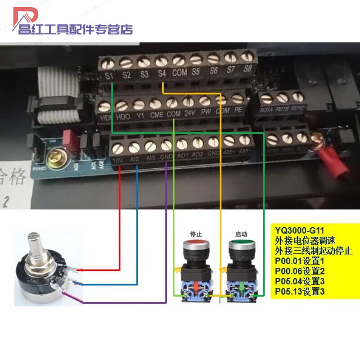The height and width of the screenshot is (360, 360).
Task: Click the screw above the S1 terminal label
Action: click(109, 63)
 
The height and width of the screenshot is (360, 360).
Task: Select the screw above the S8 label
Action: click(247, 57)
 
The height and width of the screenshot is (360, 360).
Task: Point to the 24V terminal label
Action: click(189, 112)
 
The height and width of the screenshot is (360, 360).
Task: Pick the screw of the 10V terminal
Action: click(118, 148)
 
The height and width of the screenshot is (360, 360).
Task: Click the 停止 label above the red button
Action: click(197, 234)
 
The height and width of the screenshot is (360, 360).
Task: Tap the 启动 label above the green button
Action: click(242, 234)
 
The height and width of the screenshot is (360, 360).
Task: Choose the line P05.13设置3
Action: click(300, 292)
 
